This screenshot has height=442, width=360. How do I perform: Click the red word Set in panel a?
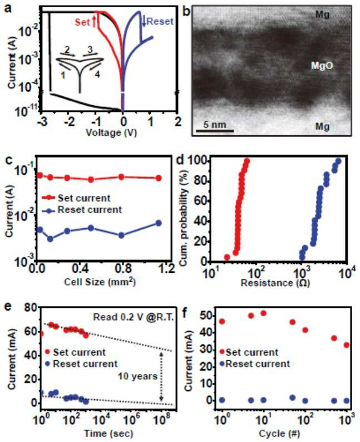pyautogui.click(x=82, y=22)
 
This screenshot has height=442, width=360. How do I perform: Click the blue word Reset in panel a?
pyautogui.click(x=160, y=21)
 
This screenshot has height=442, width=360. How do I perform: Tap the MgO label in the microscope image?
pyautogui.click(x=322, y=66)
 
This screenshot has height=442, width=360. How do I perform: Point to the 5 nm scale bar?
pyautogui.click(x=215, y=130)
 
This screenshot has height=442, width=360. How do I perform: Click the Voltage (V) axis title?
pyautogui.click(x=111, y=132)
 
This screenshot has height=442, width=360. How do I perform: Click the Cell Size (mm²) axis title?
pyautogui.click(x=100, y=282)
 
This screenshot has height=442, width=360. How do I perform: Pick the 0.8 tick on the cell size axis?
pyautogui.click(x=124, y=268)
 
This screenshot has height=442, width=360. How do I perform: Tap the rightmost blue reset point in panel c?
pyautogui.click(x=159, y=223)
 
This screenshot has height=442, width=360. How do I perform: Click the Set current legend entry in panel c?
pyautogui.click(x=76, y=198)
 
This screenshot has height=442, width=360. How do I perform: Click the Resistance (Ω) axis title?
pyautogui.click(x=275, y=283)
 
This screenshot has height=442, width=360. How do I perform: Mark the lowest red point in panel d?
pyautogui.click(x=227, y=257)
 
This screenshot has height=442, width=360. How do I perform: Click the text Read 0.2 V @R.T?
pyautogui.click(x=134, y=317)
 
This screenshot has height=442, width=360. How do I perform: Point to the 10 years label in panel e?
pyautogui.click(x=137, y=376)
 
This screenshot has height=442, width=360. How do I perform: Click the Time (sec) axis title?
pyautogui.click(x=109, y=433)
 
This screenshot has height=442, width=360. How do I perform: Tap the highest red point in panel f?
pyautogui.click(x=263, y=313)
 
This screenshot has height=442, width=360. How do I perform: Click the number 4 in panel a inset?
pyautogui.click(x=97, y=75)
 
